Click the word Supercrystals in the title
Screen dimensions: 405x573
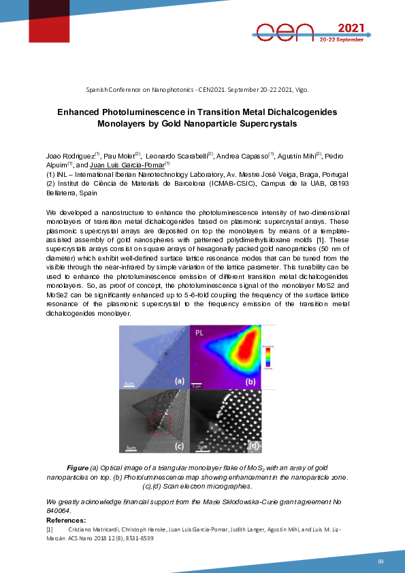(259, 124)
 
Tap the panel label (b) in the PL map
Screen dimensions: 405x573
(251, 382)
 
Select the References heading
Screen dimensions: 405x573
(60, 521)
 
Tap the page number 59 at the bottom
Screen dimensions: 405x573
(381, 561)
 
